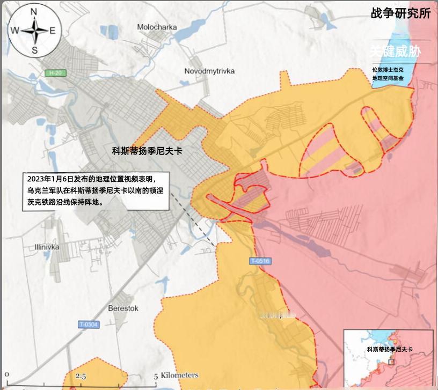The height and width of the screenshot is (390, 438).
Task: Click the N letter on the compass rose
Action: (x=34, y=11)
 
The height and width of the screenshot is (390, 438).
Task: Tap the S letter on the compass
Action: (x=34, y=50)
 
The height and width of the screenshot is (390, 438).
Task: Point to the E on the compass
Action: (x=53, y=31)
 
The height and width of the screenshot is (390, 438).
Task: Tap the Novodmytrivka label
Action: (x=209, y=71)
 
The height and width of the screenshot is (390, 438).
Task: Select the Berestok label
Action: (x=123, y=308)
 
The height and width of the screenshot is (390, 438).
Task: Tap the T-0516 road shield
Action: (x=260, y=261)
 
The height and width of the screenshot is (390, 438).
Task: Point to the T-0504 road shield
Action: (x=89, y=324)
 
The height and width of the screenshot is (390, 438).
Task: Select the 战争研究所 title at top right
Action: (x=400, y=13)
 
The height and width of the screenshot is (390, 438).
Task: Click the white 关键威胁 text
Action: (x=395, y=51)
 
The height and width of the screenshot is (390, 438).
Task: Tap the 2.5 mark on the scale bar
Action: (x=81, y=376)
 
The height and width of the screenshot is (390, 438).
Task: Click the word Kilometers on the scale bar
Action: (x=179, y=376)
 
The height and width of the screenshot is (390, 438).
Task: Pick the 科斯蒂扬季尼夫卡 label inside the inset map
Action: (x=390, y=349)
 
